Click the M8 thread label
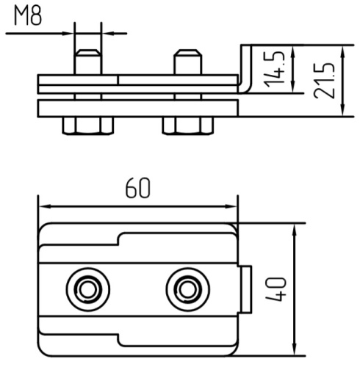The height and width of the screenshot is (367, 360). pyautogui.click(x=28, y=16)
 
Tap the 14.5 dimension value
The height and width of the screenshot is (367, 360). pyautogui.click(x=275, y=70)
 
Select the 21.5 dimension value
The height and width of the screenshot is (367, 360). pyautogui.click(x=324, y=81)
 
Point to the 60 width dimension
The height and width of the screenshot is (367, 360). pyautogui.click(x=137, y=188)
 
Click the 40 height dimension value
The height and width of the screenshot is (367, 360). pyautogui.click(x=276, y=289)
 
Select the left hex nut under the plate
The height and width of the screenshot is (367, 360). pyautogui.click(x=88, y=126)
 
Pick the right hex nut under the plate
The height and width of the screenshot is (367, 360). pyautogui.click(x=188, y=126)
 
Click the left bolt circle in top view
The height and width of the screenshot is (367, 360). pyautogui.click(x=88, y=289)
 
